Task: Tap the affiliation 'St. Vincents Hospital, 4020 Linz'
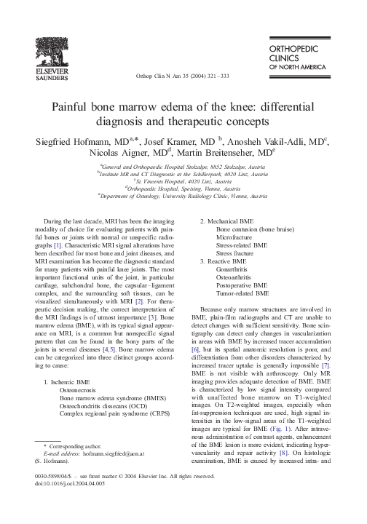pos(183,180)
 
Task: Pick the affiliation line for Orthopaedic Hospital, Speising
pos(183,188)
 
